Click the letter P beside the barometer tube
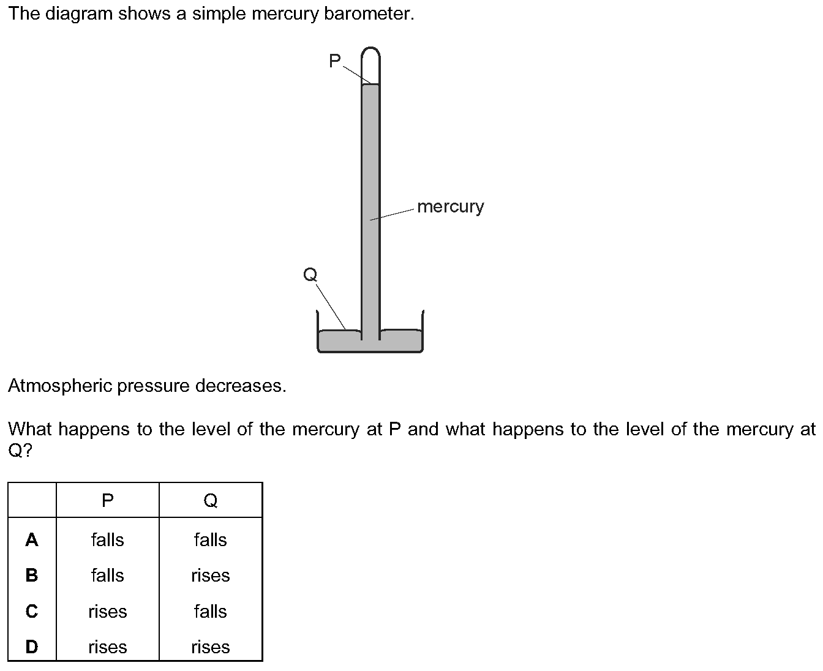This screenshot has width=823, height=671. (x=334, y=61)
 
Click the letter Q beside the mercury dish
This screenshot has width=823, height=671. (x=310, y=274)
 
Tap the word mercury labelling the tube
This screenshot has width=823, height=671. (x=450, y=207)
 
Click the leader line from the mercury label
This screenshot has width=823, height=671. (x=392, y=214)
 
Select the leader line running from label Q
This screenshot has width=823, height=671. (x=331, y=307)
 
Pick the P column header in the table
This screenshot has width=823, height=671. (x=107, y=500)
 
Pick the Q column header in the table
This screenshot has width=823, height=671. (x=210, y=500)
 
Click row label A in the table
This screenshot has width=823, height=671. (x=32, y=540)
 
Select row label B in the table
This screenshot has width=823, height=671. (x=32, y=575)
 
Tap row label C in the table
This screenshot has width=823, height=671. (x=32, y=612)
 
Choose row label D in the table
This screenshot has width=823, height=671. (x=32, y=647)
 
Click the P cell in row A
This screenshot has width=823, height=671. (x=107, y=540)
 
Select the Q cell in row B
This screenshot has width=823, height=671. (x=210, y=576)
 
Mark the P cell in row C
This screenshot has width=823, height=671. (x=107, y=612)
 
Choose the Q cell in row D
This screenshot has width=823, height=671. (x=210, y=647)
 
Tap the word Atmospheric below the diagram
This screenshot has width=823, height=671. (x=60, y=386)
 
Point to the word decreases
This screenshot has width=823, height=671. (x=241, y=386)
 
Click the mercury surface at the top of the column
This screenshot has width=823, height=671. (x=370, y=84)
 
